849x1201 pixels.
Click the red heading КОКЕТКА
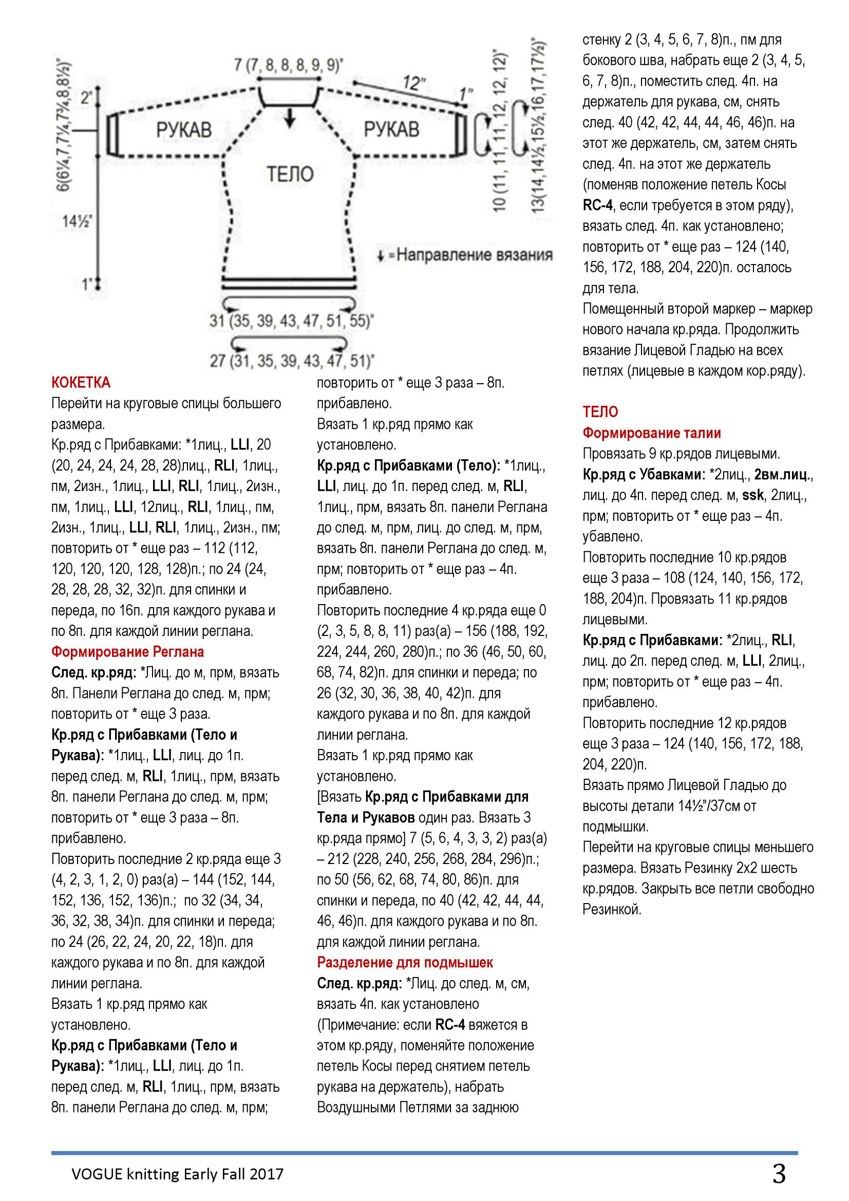81,383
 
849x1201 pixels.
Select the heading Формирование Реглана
128,652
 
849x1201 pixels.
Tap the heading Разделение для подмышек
405,963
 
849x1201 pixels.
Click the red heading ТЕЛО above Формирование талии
600,412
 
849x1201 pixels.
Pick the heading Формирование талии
652,433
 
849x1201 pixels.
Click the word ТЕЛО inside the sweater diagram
290,174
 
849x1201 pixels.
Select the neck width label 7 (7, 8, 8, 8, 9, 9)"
289,65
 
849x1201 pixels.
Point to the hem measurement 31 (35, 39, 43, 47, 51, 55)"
291,321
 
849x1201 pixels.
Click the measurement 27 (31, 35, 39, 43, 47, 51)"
291,361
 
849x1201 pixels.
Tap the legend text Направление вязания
474,255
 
